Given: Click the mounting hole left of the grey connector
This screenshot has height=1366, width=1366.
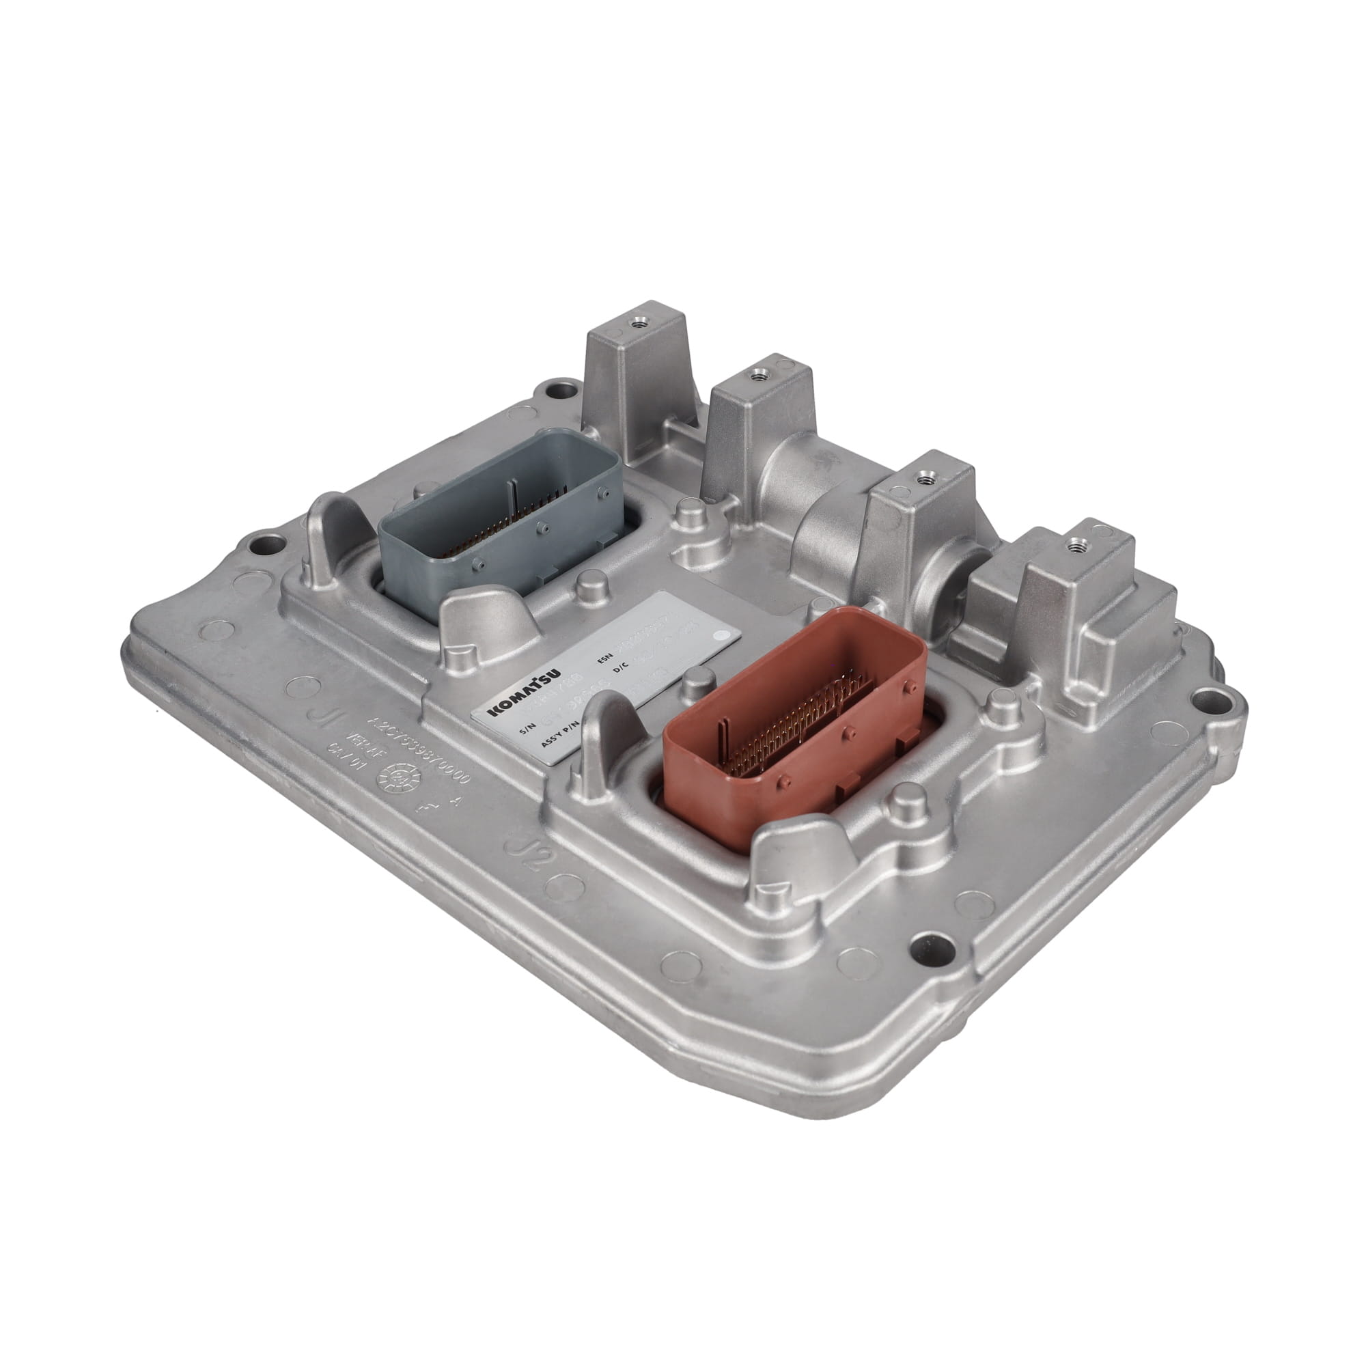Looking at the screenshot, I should (269, 544).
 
